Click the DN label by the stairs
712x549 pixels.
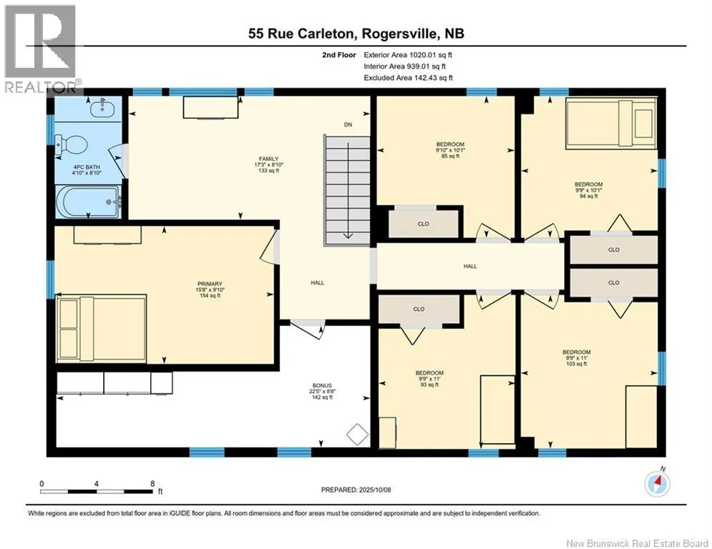point(348,124)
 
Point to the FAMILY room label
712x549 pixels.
point(269,159)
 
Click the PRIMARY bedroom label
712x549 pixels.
point(210,284)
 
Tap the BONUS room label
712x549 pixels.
point(322,386)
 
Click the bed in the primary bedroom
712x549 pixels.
point(101,329)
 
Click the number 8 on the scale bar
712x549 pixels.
point(152,484)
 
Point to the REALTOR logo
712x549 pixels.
point(40,49)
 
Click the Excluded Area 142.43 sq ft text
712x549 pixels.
point(408,78)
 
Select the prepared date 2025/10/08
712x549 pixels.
point(375,490)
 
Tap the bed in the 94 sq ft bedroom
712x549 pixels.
point(611,124)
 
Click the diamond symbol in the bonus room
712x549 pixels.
point(357,434)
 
